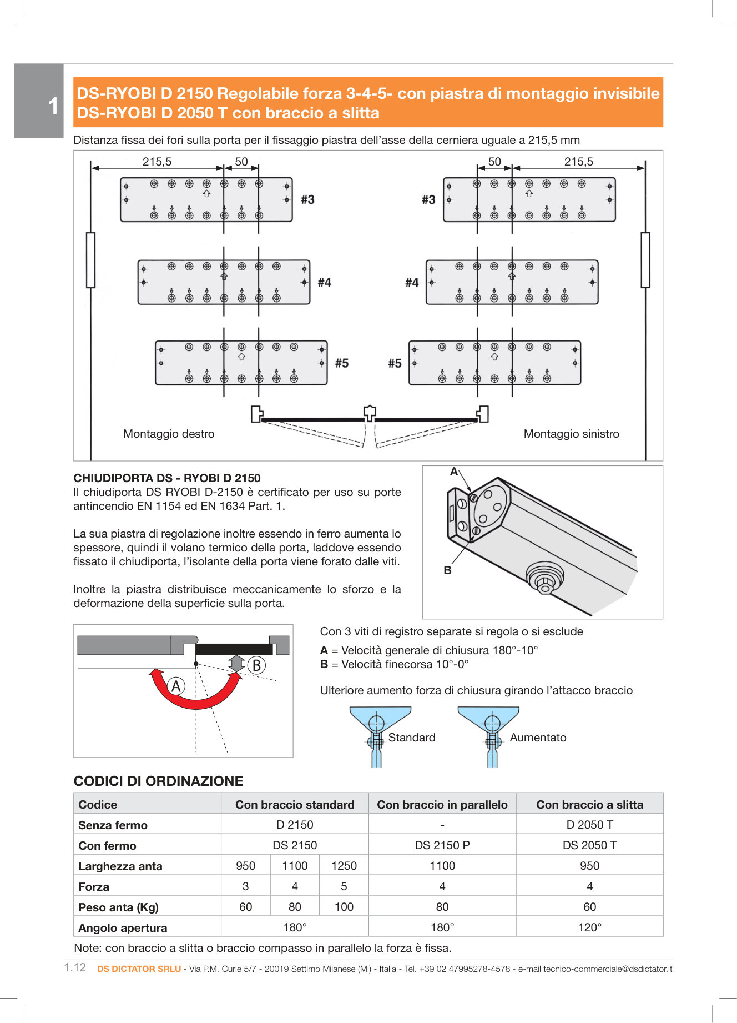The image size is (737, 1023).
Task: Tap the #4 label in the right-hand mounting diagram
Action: (x=412, y=283)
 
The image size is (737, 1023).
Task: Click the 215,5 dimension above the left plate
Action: (x=157, y=162)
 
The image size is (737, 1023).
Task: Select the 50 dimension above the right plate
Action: (x=494, y=162)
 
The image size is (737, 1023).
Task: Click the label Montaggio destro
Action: (x=169, y=434)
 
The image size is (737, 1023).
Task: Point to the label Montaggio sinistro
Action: (x=571, y=434)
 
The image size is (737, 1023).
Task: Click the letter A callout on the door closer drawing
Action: (x=454, y=472)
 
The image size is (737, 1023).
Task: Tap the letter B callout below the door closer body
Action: (x=447, y=570)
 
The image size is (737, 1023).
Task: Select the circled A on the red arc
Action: (x=176, y=686)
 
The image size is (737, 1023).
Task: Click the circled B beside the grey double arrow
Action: (x=256, y=665)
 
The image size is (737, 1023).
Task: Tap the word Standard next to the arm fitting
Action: (x=412, y=738)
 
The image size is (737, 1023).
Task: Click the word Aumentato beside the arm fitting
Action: (x=538, y=738)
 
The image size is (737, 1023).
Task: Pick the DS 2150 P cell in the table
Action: (x=442, y=845)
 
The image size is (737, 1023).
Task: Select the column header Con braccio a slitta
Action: (x=589, y=805)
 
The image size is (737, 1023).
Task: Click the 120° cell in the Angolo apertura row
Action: (x=589, y=927)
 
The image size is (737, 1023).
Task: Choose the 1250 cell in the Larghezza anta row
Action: (x=344, y=866)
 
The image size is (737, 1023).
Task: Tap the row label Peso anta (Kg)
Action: (x=119, y=907)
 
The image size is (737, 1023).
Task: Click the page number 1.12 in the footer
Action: (x=75, y=967)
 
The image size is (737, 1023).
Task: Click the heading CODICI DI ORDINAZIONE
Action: (x=158, y=781)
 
